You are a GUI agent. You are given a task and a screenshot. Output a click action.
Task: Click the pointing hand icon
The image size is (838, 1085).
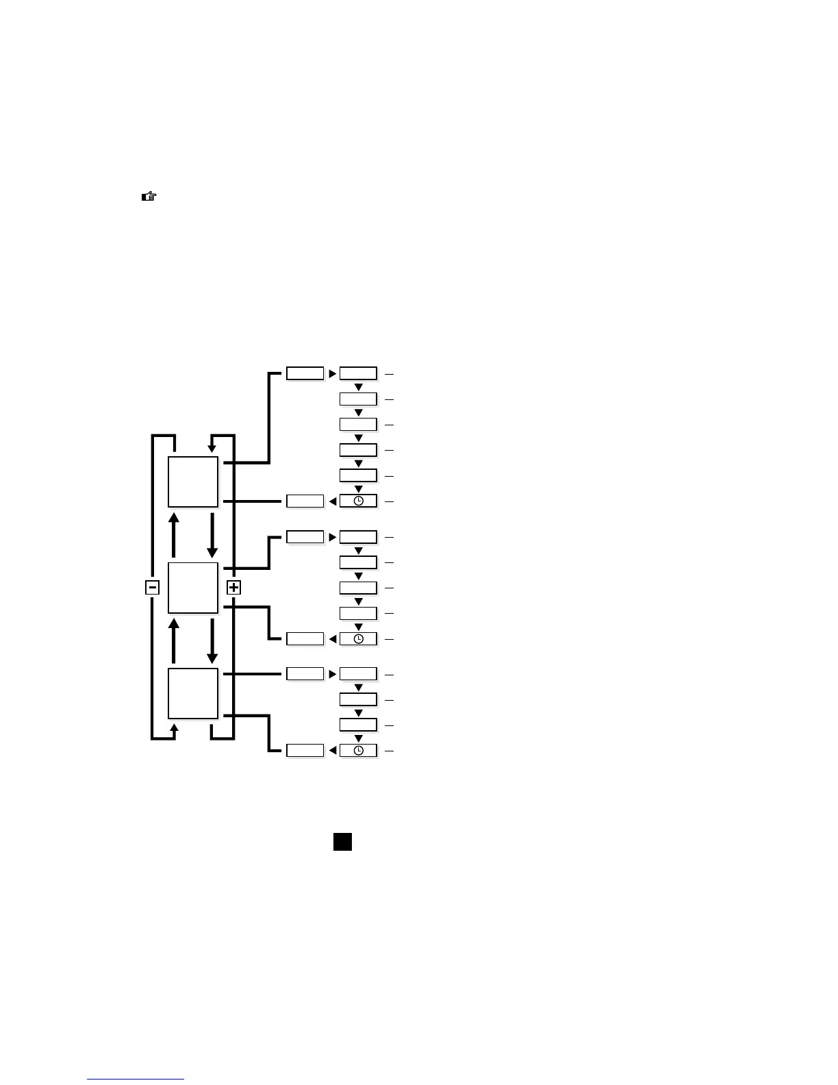(x=149, y=197)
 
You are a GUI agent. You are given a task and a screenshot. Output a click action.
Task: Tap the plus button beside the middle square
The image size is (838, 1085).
(x=234, y=587)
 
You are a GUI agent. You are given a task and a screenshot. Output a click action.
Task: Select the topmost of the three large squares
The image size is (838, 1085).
(x=193, y=482)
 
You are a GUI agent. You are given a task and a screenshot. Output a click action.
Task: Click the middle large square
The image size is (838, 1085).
(x=193, y=588)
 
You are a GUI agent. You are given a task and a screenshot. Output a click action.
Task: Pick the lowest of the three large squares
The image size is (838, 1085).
(x=193, y=693)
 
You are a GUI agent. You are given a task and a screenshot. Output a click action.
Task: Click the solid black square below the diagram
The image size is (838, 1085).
(x=342, y=841)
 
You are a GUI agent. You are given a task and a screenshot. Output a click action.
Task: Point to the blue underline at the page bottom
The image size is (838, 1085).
(x=136, y=1080)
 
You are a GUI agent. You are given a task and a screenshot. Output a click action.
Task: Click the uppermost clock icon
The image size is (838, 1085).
(x=358, y=501)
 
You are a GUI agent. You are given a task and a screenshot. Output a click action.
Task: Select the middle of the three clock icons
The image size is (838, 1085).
(x=358, y=638)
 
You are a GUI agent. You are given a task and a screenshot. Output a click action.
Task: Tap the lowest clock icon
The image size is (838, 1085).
(x=358, y=751)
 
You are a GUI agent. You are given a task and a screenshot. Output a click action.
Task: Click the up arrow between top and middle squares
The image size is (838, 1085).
(x=174, y=534)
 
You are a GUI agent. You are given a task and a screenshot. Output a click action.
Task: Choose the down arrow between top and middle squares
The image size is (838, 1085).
(x=212, y=534)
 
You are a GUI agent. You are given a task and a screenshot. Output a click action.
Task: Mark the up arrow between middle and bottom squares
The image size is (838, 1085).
(x=174, y=640)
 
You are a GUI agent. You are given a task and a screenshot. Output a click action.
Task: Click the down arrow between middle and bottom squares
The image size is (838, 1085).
(x=212, y=640)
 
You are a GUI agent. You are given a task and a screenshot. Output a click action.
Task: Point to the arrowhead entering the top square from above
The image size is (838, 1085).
(x=212, y=448)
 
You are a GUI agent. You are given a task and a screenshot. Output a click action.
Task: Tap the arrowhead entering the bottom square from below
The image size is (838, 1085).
(x=174, y=727)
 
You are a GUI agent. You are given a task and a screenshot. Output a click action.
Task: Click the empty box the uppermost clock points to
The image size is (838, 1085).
(x=305, y=501)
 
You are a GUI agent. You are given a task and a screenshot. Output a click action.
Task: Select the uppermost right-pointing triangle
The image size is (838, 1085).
(x=332, y=374)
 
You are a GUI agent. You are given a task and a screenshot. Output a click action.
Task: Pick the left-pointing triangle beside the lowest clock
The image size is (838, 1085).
(x=333, y=751)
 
